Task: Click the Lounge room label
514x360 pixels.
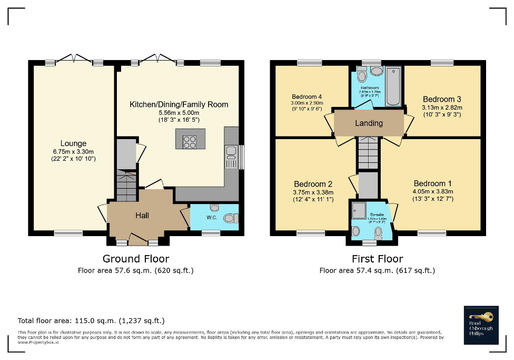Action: tap(73, 143)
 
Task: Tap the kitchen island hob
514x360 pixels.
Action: tap(189, 141)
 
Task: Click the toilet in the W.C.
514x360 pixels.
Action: tap(230, 218)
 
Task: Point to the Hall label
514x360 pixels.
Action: tap(142, 215)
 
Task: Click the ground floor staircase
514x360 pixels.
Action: tap(126, 186)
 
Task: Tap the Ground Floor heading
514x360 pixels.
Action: tap(136, 259)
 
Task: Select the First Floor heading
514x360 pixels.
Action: tap(377, 259)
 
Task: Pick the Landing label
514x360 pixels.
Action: tap(369, 123)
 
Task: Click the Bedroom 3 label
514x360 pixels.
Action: tap(442, 99)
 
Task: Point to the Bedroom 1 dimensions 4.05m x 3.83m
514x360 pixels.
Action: tap(433, 191)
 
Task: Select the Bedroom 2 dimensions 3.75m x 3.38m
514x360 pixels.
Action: tap(313, 192)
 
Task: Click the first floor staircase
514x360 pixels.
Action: tap(368, 152)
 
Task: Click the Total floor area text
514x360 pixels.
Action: tap(91, 320)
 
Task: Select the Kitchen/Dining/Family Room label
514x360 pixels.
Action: tap(179, 104)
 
